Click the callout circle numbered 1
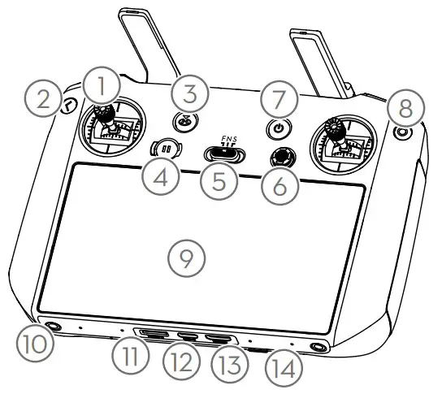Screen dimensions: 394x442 101,84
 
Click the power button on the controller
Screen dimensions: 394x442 280,128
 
